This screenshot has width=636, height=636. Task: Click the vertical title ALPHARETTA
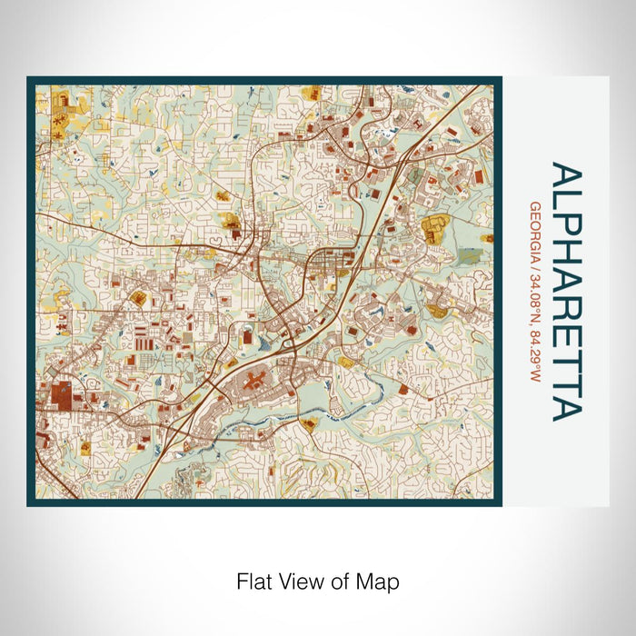568,292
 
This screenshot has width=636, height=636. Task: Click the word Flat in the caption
252,580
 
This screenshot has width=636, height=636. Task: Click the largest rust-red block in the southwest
64,395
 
